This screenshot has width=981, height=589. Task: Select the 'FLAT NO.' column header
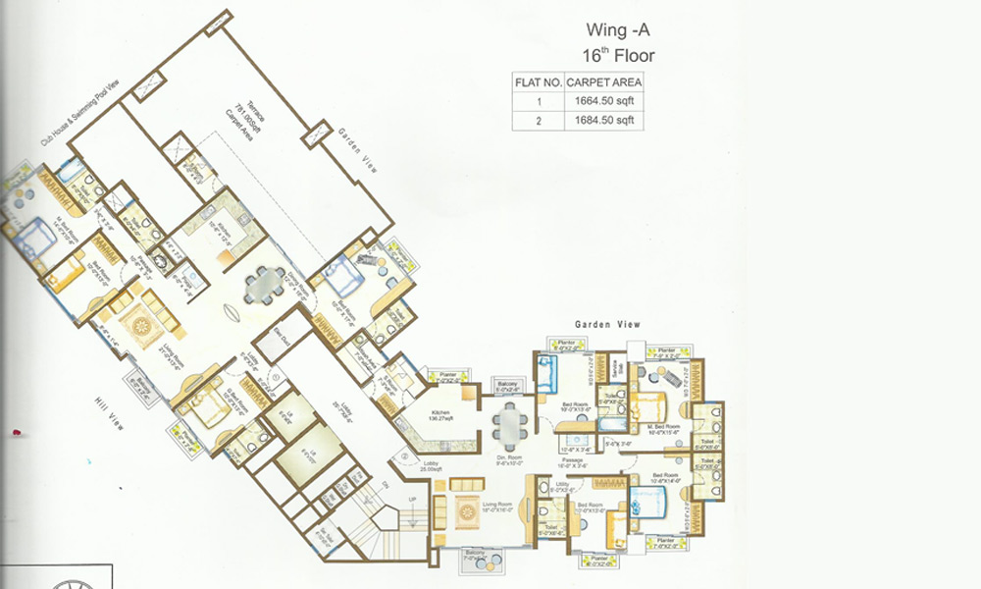tap(538, 82)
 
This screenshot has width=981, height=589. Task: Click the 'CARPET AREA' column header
tap(603, 82)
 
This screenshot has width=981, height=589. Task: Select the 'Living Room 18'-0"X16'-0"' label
tap(498, 508)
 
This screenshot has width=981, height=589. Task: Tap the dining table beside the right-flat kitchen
tap(508, 424)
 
